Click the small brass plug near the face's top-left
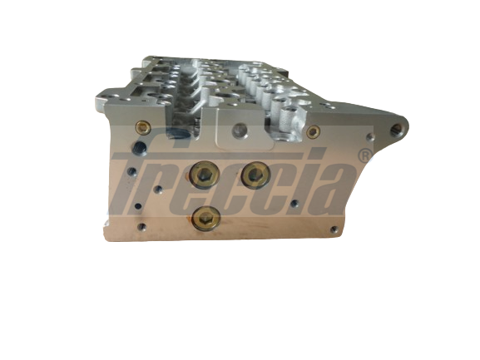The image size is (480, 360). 143,128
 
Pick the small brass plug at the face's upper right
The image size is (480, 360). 314,131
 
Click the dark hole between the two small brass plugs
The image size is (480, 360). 240,129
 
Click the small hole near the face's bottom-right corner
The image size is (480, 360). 331,226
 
